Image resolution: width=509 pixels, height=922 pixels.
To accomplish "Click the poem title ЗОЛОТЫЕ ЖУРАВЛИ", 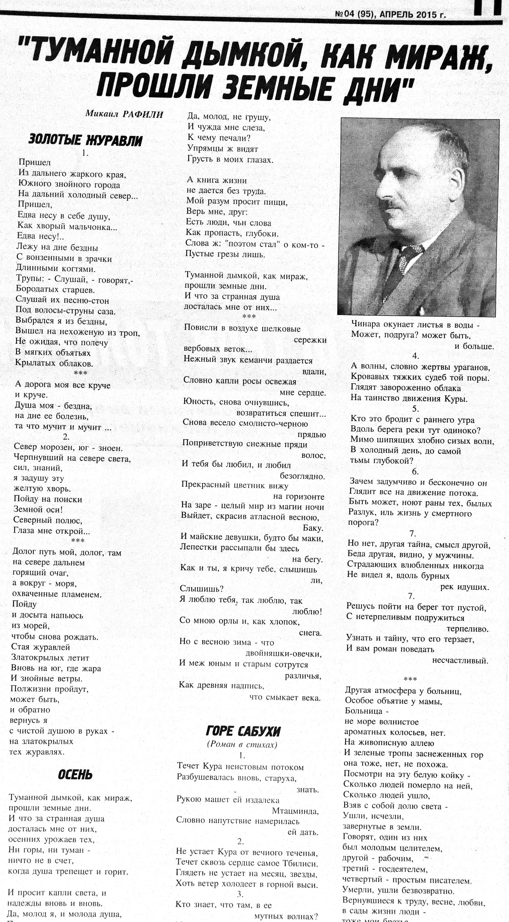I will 85,140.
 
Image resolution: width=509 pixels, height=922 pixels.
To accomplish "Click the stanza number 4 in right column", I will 416,356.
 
